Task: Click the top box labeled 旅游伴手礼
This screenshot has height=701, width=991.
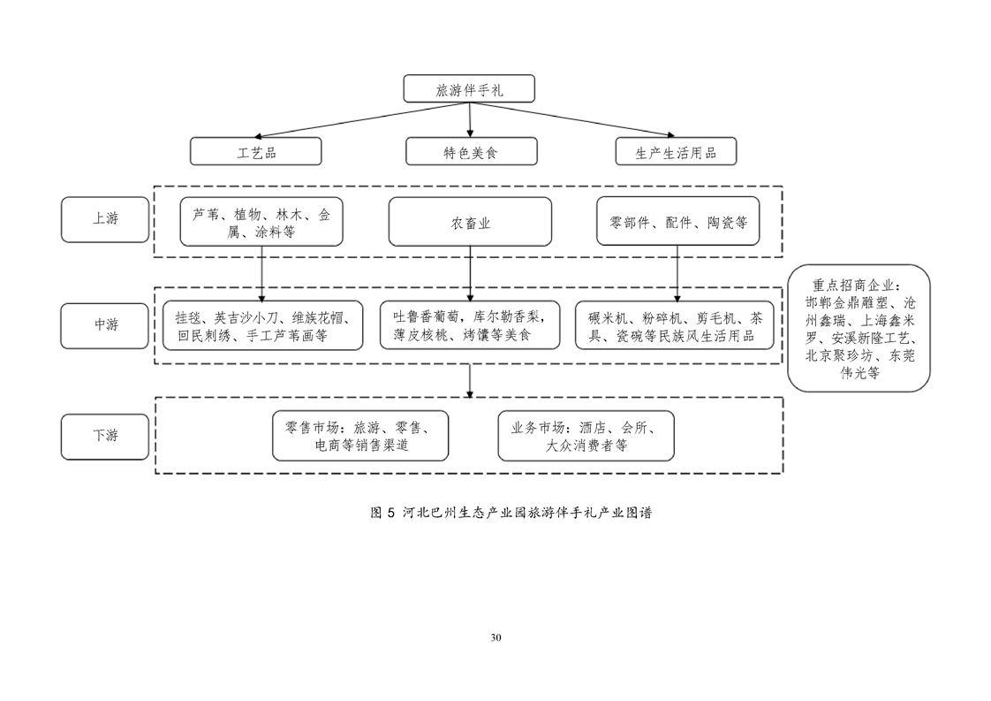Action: coord(469,88)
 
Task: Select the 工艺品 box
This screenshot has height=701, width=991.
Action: coord(256,152)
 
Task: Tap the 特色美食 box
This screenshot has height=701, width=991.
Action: coord(472,152)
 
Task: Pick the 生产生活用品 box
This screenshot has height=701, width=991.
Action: coord(677,152)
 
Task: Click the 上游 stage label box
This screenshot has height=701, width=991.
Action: coord(105,219)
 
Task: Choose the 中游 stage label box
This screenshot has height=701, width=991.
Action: coord(105,326)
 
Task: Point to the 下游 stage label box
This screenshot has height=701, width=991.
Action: coord(105,437)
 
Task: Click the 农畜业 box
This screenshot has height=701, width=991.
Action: coord(470,222)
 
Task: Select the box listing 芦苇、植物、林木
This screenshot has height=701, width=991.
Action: coord(261,222)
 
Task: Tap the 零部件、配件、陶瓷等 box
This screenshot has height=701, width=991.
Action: coord(678,221)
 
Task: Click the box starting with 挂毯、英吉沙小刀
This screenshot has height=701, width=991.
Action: coord(263,326)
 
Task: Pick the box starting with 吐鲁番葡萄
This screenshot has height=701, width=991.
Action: coord(470,325)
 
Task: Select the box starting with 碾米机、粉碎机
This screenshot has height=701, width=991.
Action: coord(675,326)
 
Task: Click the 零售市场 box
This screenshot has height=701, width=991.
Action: coord(360,436)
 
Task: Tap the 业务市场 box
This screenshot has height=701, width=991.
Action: coord(586,436)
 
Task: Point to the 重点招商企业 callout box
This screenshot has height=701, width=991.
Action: coord(859,328)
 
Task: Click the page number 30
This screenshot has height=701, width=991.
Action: coord(496,637)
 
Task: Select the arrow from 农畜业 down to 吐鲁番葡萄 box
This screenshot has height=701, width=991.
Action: coord(470,274)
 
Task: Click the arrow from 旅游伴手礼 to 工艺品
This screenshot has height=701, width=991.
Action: coord(362,119)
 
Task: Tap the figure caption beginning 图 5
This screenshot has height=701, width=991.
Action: coord(511,513)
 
